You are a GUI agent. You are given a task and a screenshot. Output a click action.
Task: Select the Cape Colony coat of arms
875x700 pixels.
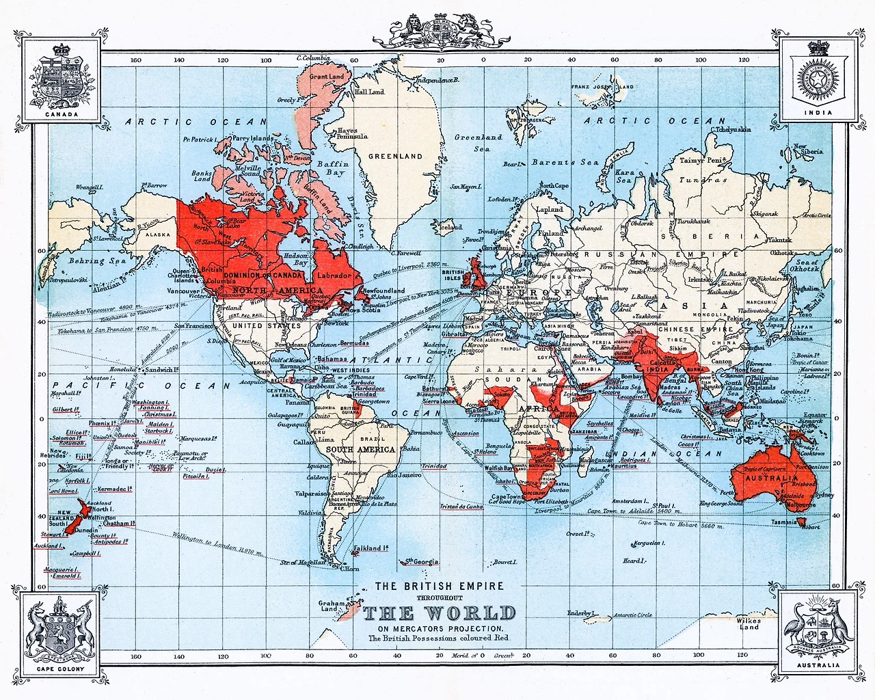(x=60, y=630)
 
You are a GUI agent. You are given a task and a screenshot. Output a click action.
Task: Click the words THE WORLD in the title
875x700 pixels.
(x=438, y=612)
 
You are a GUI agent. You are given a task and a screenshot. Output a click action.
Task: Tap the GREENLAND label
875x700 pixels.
(x=395, y=157)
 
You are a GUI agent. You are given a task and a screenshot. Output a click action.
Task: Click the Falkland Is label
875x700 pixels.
(x=371, y=548)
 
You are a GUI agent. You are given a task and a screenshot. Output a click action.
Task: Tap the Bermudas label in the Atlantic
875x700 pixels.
(x=353, y=343)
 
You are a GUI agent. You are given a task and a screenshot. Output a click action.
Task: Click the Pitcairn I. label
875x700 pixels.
(x=196, y=476)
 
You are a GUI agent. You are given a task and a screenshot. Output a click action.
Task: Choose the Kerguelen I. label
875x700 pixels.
(x=647, y=543)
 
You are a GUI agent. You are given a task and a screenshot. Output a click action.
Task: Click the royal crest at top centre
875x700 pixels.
(x=437, y=31)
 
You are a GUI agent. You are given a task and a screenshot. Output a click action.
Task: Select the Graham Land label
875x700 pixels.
(x=332, y=606)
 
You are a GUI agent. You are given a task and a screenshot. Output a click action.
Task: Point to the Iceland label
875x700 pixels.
(x=450, y=228)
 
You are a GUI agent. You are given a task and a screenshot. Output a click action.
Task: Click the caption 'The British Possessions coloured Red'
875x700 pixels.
(x=438, y=638)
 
